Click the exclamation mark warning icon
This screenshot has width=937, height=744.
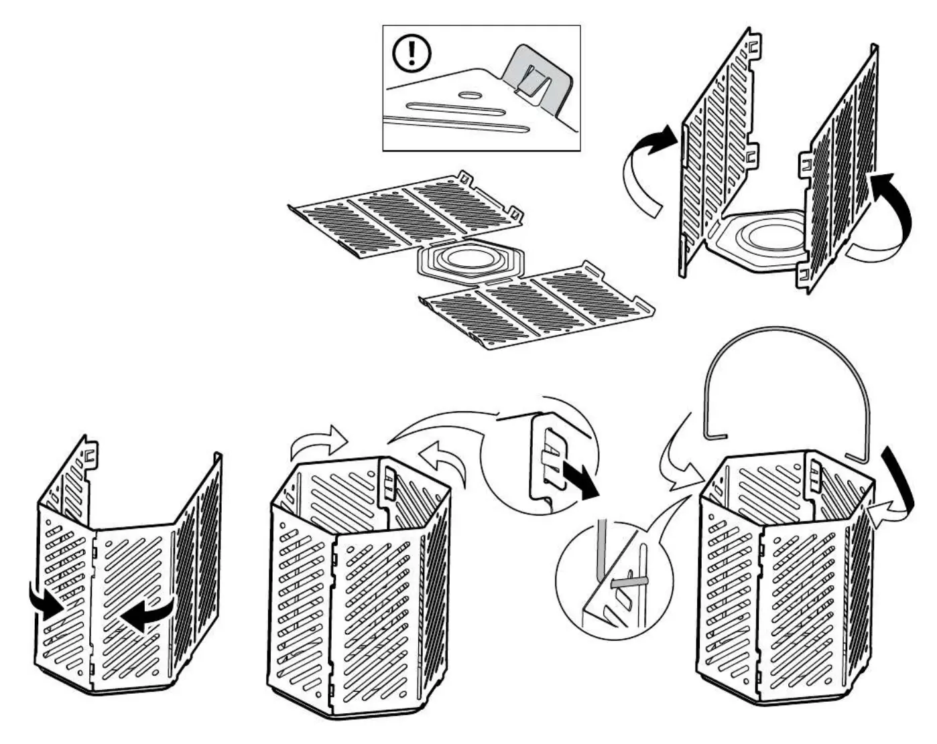pyautogui.click(x=411, y=53)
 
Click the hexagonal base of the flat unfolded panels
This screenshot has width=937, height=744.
pyautogui.click(x=467, y=262)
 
